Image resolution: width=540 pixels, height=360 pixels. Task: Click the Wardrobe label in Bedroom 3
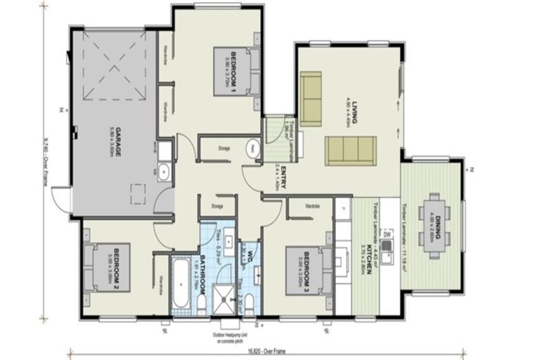coord(313,205)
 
